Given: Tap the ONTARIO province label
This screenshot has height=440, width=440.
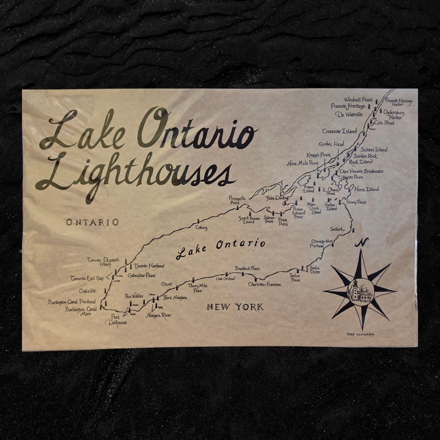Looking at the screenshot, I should pos(92,222).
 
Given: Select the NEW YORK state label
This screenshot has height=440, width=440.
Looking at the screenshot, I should pos(235,307).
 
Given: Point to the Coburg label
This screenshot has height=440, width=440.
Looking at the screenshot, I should pos(201,228).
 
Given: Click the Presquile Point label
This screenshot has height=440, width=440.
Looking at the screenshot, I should pos(237,200).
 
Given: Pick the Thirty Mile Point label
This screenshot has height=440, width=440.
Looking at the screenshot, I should pos(198,288).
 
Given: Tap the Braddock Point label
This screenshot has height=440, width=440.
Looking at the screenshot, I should pos(247,268).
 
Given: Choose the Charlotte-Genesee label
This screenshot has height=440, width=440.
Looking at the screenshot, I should pos(265,284).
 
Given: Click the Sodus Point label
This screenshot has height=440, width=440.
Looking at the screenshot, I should pos(295,278).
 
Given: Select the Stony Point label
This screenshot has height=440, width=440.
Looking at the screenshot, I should pos(356,202).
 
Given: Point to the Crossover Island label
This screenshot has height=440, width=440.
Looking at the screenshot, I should pos(339,131).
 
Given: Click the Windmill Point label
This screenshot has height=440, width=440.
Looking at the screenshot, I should pos(358,100).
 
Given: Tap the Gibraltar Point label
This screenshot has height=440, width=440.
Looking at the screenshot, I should pos(141,275).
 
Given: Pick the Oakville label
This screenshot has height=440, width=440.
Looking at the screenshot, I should pos(88,290).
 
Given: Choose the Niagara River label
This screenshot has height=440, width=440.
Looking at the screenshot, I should pos(159,315).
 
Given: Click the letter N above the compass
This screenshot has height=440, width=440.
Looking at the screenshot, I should pos(361,243).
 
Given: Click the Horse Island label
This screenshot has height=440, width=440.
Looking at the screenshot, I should pos(366,189).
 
